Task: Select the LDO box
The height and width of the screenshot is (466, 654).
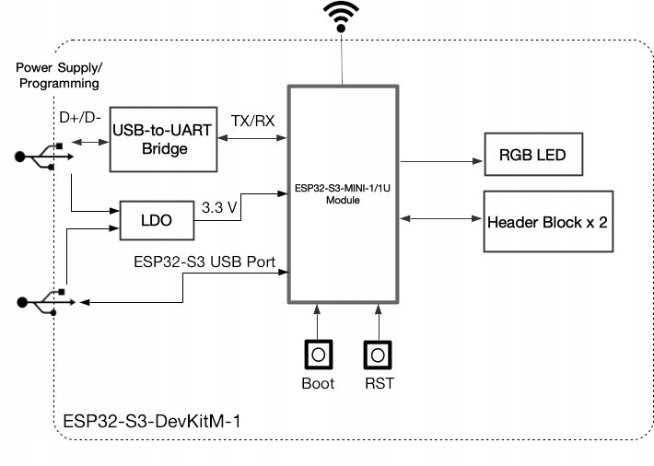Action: click(156, 220)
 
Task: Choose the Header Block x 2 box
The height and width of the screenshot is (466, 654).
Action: click(547, 222)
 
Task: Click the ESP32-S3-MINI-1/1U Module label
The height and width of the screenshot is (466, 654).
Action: click(342, 194)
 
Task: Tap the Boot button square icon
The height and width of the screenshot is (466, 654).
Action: click(318, 354)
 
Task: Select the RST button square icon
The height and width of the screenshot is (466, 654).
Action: click(377, 354)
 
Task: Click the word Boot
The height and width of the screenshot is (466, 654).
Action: click(318, 382)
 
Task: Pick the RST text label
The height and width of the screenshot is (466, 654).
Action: click(378, 382)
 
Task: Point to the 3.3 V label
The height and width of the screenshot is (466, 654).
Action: click(220, 208)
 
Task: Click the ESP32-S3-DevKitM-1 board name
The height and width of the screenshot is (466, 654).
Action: click(153, 423)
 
